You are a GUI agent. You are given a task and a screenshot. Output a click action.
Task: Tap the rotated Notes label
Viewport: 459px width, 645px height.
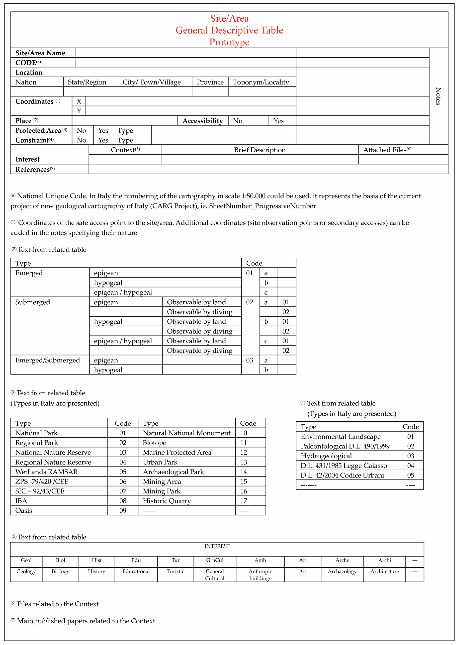pos(438,96)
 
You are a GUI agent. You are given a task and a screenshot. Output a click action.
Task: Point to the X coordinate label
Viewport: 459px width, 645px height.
pos(79,101)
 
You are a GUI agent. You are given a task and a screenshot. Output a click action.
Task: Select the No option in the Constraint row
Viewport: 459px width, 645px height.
pos(81,140)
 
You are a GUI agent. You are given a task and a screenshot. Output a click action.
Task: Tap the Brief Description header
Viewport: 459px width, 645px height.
pos(260,150)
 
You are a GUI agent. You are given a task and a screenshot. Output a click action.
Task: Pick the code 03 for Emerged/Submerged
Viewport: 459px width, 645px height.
pos(249,360)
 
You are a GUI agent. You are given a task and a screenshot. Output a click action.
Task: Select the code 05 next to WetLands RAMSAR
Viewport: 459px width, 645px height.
pos(123,472)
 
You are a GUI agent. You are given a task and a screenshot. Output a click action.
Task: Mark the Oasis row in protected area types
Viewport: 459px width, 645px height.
pos(24,511)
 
